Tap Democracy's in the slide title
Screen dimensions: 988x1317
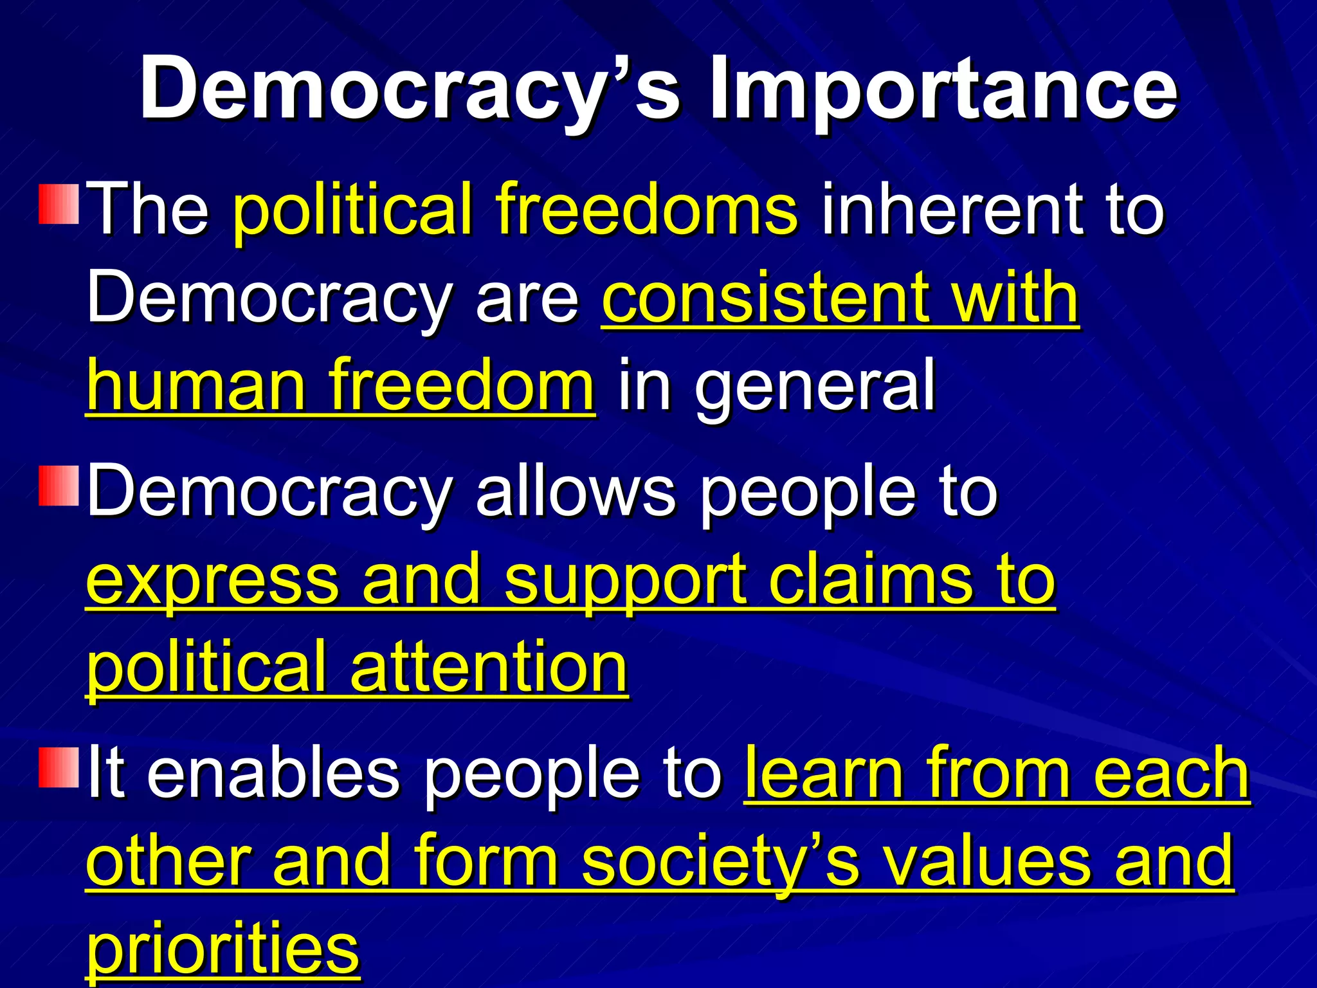[x=410, y=88]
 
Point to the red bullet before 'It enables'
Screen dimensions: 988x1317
[x=59, y=767]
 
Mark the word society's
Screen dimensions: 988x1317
[x=720, y=862]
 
